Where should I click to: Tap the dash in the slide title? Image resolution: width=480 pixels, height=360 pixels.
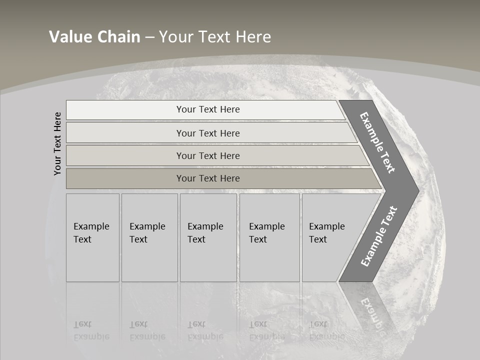click(x=149, y=37)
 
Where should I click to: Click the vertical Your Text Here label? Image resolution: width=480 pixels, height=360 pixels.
click(x=57, y=143)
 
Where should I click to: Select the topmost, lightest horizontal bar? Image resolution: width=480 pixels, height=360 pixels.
click(x=208, y=109)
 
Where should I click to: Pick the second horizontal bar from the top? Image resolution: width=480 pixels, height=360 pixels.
click(x=208, y=133)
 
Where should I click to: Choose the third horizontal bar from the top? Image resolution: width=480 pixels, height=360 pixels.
click(x=208, y=155)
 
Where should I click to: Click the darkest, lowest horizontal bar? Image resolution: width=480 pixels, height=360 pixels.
click(x=208, y=178)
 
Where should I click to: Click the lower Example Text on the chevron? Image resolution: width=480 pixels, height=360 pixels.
click(x=378, y=236)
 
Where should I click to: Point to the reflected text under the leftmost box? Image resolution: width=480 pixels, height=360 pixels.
click(x=91, y=330)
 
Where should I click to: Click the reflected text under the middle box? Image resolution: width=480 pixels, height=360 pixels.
click(x=205, y=330)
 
